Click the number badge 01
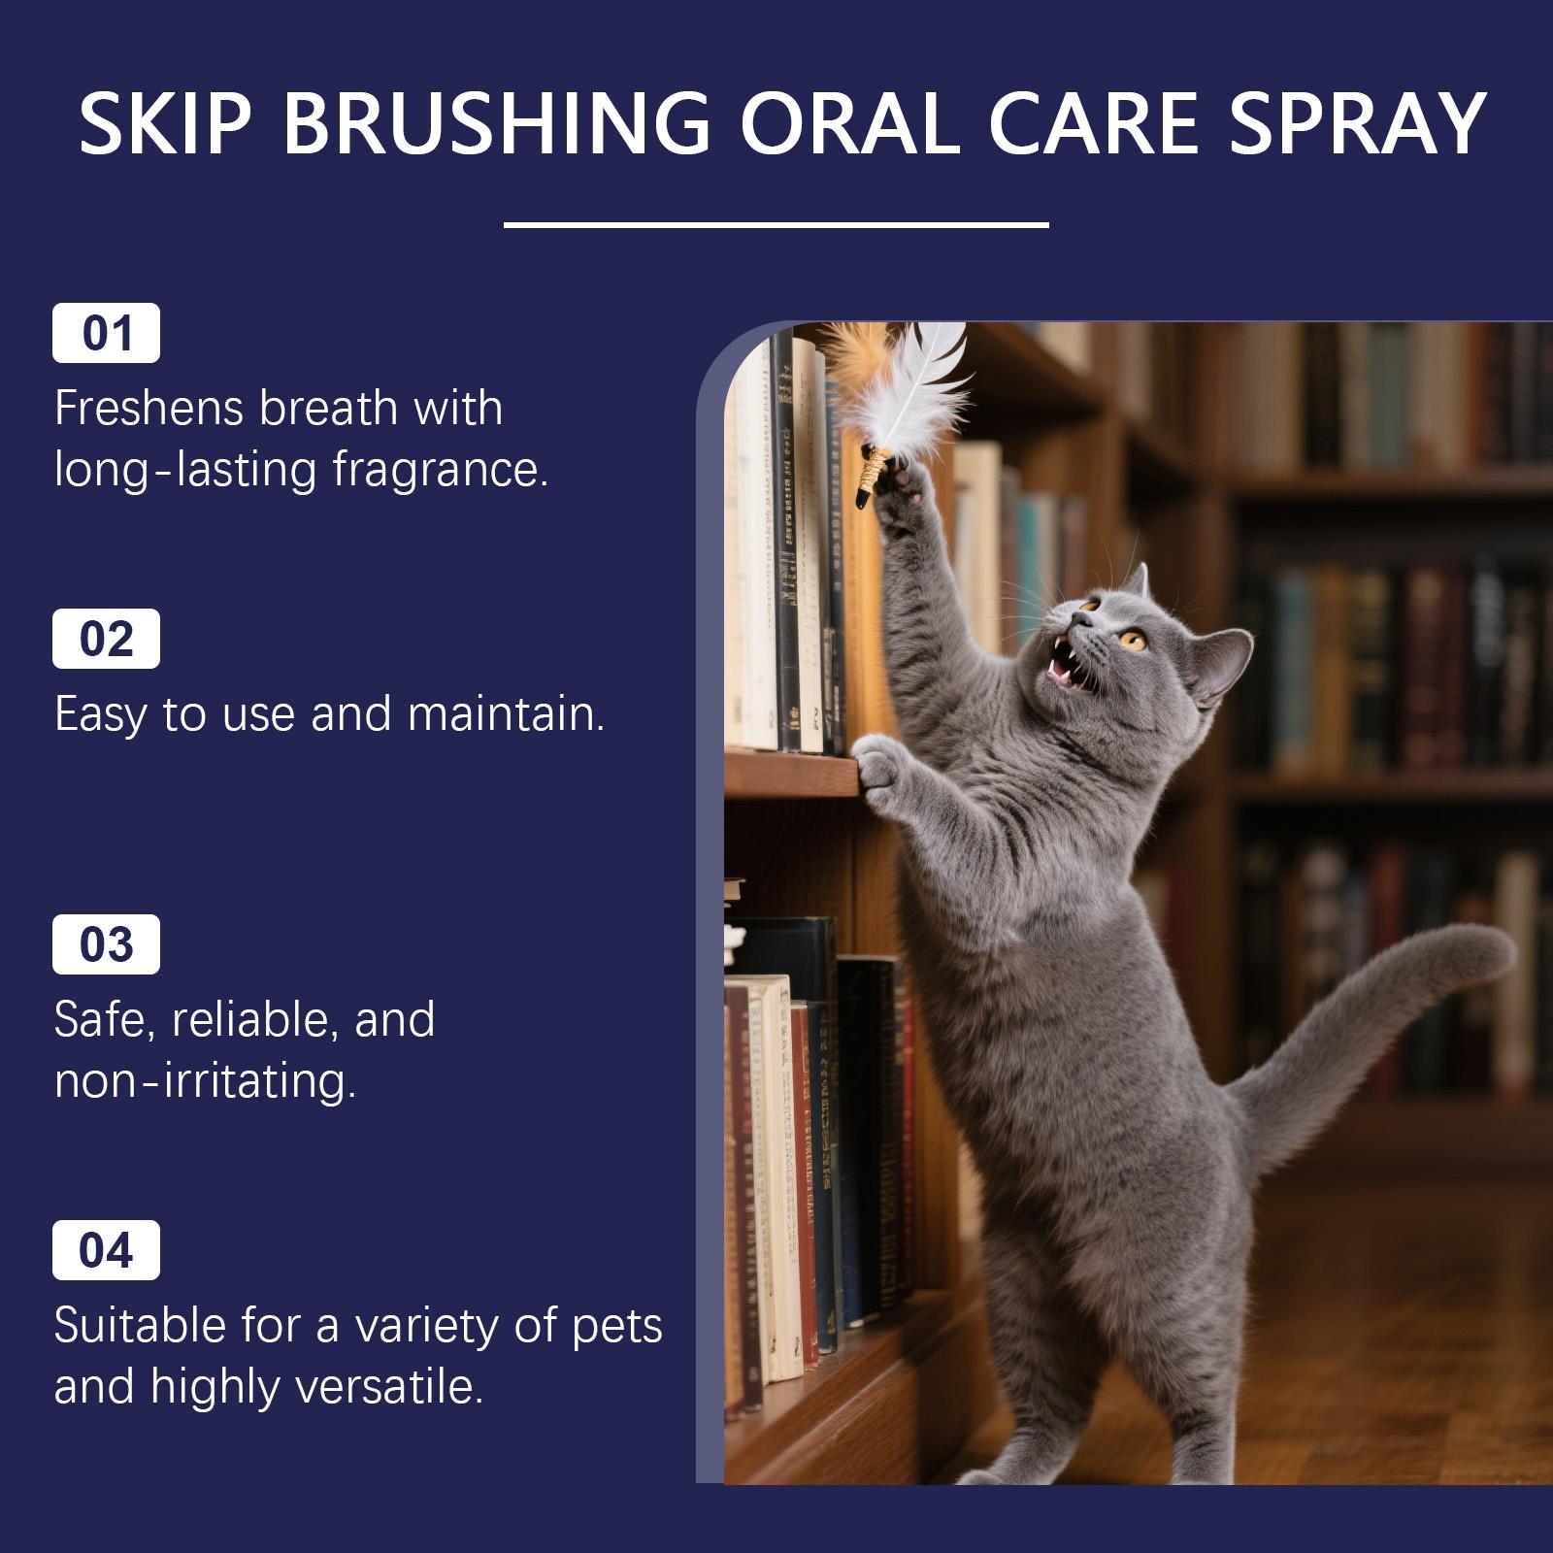click(106, 333)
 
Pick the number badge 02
click(106, 639)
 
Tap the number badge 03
click(106, 944)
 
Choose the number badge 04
click(106, 1250)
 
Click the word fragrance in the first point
click(440, 472)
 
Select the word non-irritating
click(205, 1080)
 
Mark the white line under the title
click(776, 225)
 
